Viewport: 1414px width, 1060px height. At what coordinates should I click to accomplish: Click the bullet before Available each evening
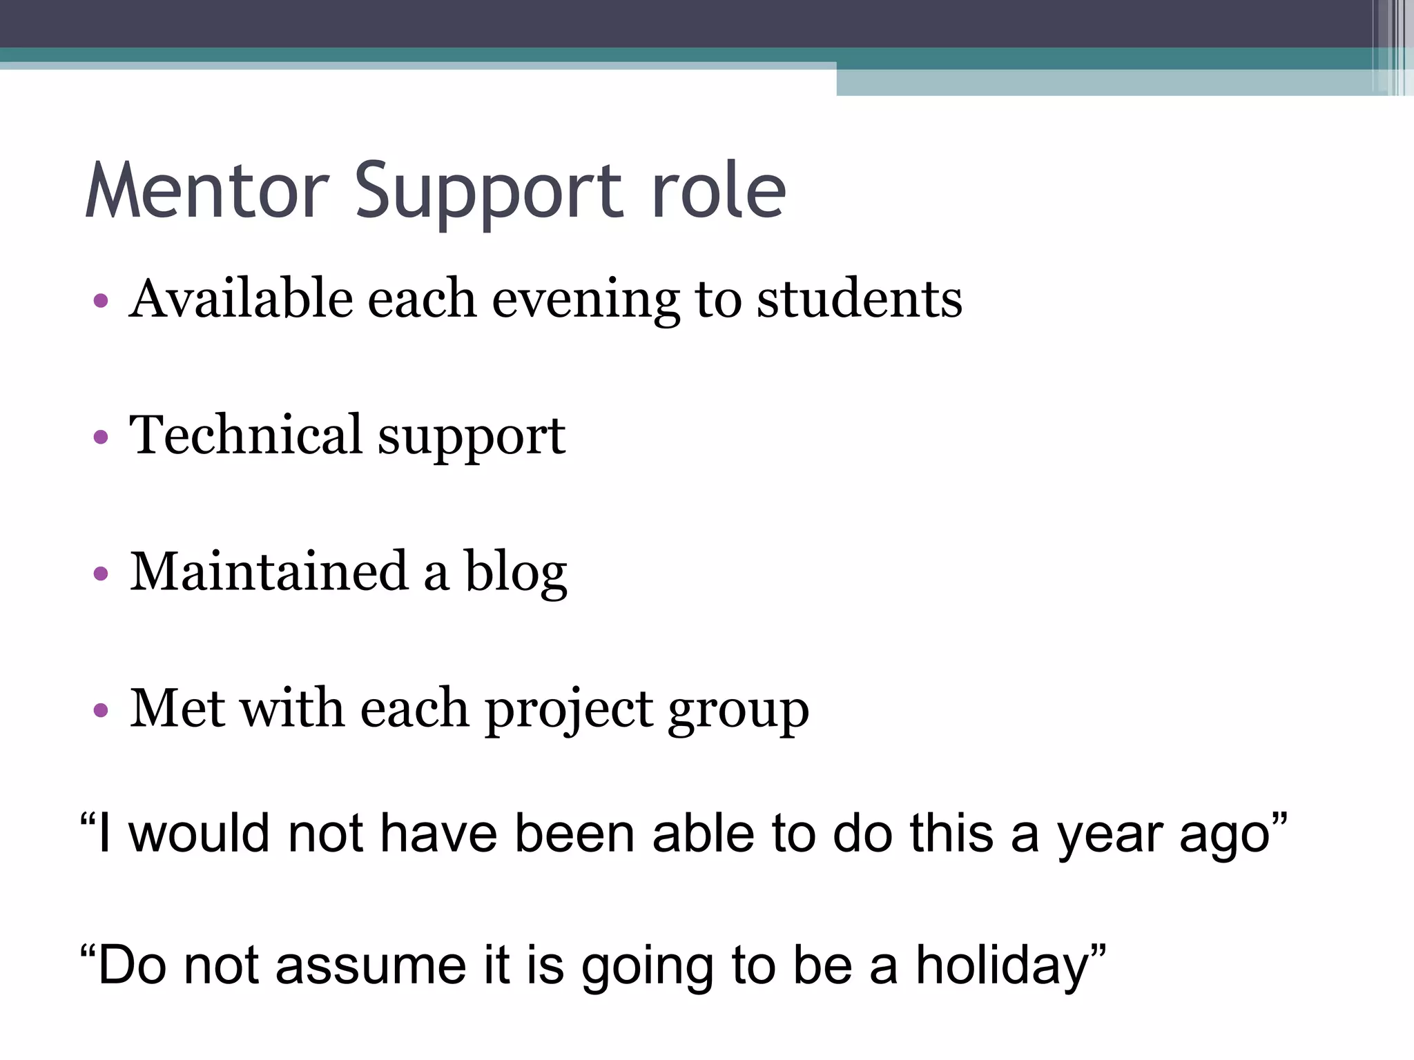pos(101,300)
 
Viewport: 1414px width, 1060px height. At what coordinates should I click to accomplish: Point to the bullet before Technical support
pos(101,437)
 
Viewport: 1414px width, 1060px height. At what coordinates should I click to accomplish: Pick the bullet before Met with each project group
pos(101,709)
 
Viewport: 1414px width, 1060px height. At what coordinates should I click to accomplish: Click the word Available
pos(240,299)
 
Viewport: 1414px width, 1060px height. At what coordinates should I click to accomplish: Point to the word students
pos(859,299)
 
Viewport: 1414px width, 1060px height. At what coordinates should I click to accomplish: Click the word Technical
pos(246,435)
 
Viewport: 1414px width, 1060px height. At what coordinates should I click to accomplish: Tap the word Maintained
pos(269,571)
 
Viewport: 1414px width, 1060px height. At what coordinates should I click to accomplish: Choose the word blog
pos(516,573)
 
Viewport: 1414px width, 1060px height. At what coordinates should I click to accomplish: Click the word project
pos(569,709)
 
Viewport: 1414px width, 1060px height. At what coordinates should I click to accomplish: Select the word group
pos(738,711)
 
